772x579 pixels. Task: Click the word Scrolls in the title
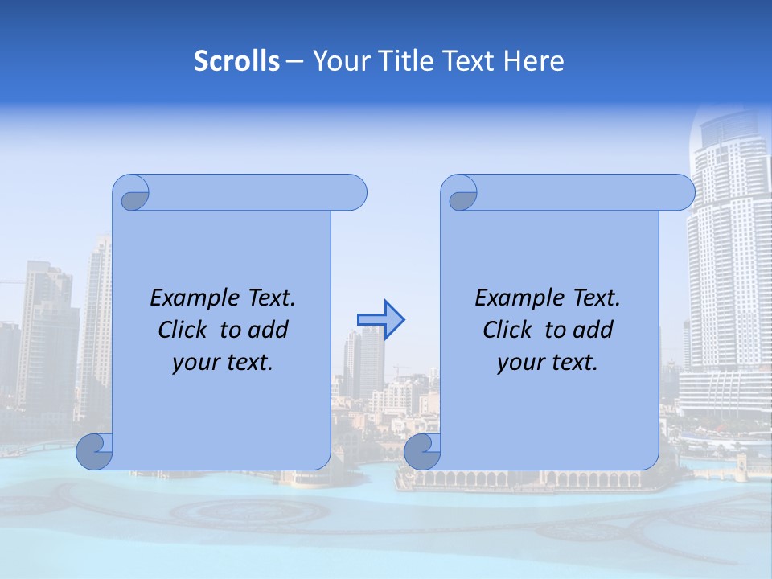(x=236, y=61)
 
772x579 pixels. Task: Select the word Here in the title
(x=534, y=61)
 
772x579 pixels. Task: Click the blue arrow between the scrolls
(x=380, y=319)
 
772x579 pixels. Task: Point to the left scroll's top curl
(x=134, y=195)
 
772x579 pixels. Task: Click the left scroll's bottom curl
(x=95, y=451)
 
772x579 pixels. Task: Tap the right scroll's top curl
(x=462, y=195)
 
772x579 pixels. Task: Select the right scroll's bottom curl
(x=422, y=451)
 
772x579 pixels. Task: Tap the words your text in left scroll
(x=223, y=363)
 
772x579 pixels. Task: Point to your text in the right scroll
(x=548, y=363)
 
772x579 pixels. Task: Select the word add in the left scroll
(x=269, y=330)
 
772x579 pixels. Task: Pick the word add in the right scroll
(x=593, y=330)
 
